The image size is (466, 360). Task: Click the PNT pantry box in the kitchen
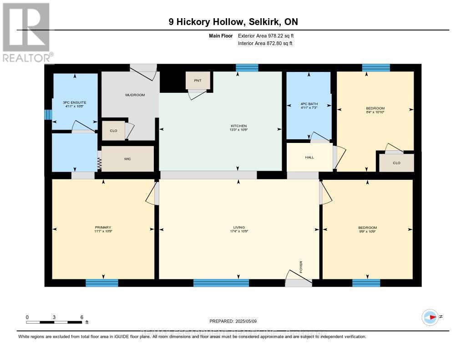tap(198, 81)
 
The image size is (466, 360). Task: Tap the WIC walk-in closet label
tap(127, 159)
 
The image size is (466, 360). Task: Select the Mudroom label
tap(135, 95)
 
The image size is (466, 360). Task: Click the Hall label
tap(309, 157)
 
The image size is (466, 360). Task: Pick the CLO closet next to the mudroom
tap(113, 131)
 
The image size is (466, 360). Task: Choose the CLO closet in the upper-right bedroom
tap(396, 163)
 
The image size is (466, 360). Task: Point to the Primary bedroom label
tap(103, 228)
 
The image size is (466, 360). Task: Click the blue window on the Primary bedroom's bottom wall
tap(102, 283)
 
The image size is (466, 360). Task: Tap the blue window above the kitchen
tap(247, 68)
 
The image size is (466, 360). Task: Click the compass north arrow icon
tap(430, 317)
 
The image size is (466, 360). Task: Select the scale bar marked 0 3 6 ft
tap(55, 322)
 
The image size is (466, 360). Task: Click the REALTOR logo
tap(26, 32)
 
